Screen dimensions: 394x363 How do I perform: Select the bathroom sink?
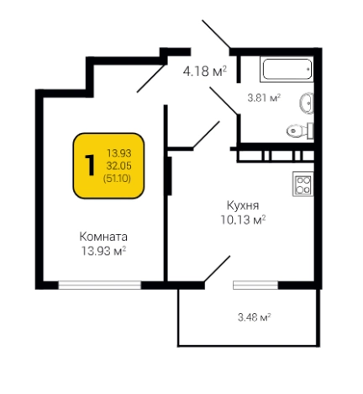pyautogui.click(x=307, y=103)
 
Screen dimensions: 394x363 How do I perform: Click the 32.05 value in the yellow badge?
pyautogui.click(x=119, y=165)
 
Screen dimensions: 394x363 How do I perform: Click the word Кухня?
pyautogui.click(x=242, y=205)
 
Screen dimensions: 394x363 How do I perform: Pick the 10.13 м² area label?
pyautogui.click(x=242, y=221)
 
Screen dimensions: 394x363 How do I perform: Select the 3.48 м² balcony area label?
pyautogui.click(x=254, y=317)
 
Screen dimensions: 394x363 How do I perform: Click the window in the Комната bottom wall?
pyautogui.click(x=98, y=285)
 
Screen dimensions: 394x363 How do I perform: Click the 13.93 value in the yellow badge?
pyautogui.click(x=119, y=152)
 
